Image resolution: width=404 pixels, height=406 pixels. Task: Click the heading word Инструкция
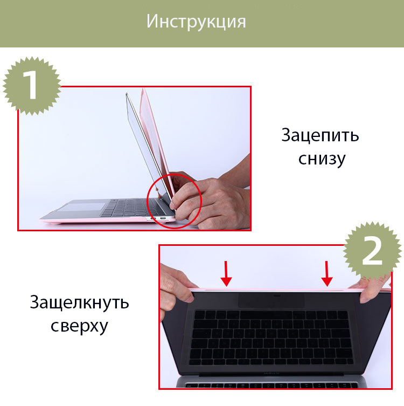(x=196, y=21)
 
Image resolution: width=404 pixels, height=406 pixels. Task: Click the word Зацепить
(x=320, y=136)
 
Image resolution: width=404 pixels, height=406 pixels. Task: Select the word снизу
(x=322, y=159)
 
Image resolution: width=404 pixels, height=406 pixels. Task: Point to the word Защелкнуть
(x=79, y=302)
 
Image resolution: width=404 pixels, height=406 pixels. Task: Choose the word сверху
(x=79, y=326)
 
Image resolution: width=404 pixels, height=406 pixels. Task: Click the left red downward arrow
(x=226, y=274)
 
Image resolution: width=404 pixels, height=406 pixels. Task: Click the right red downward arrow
(x=327, y=274)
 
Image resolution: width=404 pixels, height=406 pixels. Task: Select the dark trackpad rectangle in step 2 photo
(x=271, y=300)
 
